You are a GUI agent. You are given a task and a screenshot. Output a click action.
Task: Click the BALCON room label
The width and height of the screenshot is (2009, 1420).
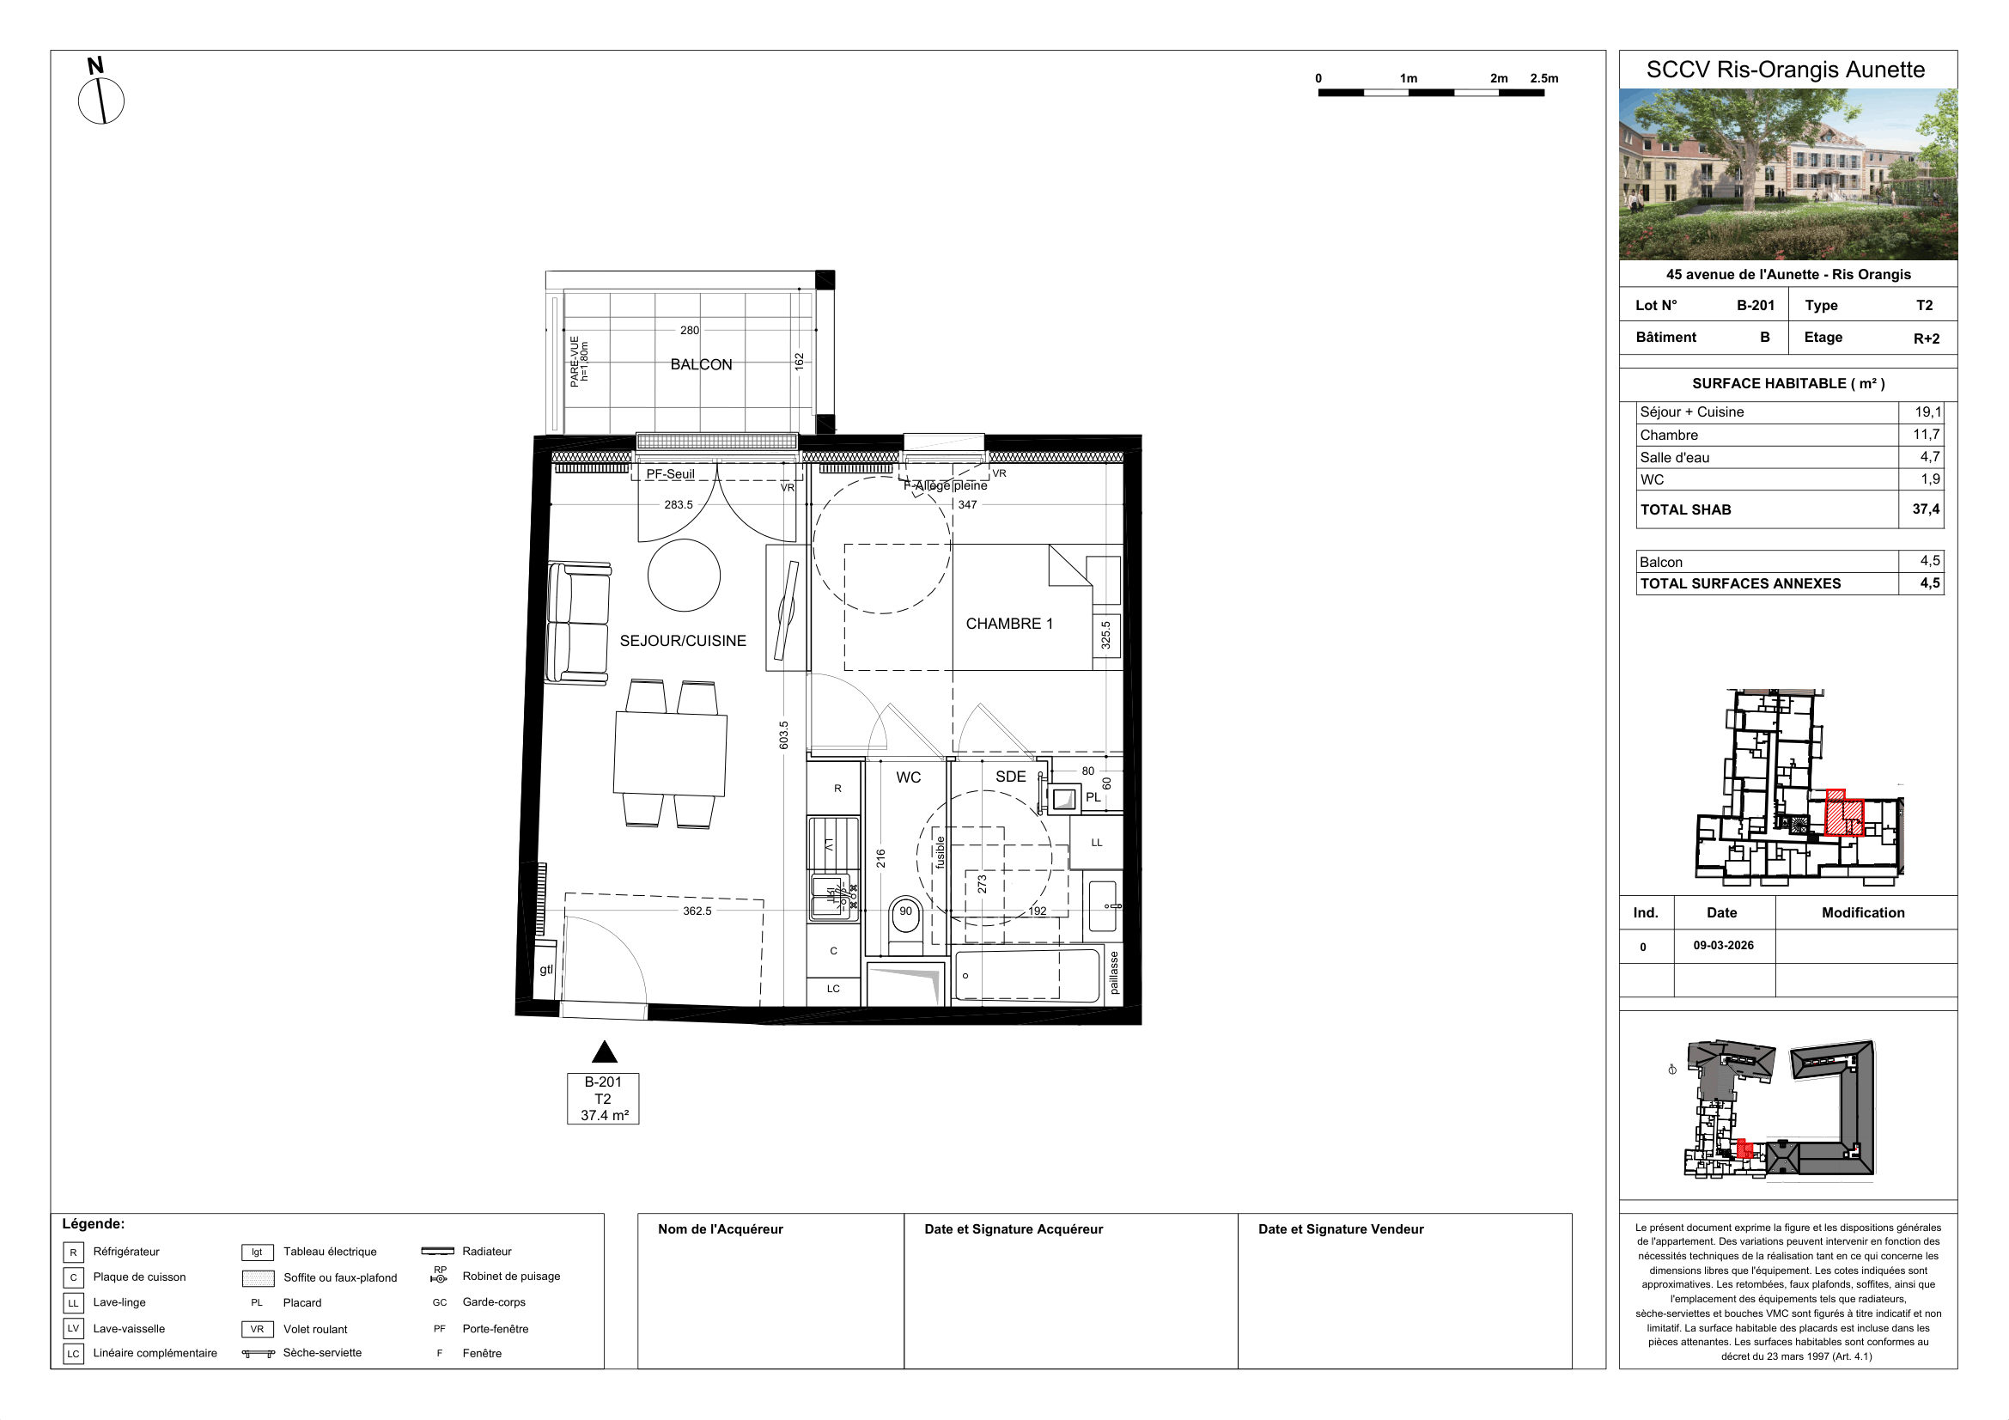pyautogui.click(x=701, y=365)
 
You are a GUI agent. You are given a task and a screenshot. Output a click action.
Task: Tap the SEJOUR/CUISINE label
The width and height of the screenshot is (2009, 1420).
pyautogui.click(x=683, y=642)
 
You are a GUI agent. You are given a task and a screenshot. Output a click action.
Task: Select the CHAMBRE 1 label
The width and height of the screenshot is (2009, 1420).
pyautogui.click(x=1009, y=624)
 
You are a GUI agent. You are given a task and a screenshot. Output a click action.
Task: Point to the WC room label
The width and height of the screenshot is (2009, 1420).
pyautogui.click(x=908, y=777)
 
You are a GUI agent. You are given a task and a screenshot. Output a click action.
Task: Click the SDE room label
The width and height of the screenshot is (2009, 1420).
pyautogui.click(x=1011, y=777)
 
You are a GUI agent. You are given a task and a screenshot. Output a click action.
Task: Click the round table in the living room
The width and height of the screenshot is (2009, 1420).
pyautogui.click(x=685, y=575)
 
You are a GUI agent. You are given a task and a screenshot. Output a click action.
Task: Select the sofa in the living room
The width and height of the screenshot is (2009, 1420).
pyautogui.click(x=578, y=623)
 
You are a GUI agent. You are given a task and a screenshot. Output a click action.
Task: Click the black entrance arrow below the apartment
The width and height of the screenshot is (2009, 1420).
pyautogui.click(x=605, y=1051)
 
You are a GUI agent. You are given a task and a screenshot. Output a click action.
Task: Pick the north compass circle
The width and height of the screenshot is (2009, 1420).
pyautogui.click(x=101, y=101)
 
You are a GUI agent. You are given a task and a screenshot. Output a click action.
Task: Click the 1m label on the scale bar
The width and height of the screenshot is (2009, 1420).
pyautogui.click(x=1408, y=79)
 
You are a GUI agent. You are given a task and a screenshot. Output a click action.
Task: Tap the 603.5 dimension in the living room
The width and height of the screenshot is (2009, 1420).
pyautogui.click(x=784, y=735)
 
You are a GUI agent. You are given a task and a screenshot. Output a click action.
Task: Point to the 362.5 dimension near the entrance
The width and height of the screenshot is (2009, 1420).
pyautogui.click(x=697, y=911)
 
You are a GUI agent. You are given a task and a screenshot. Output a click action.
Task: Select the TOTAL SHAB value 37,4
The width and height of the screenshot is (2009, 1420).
pyautogui.click(x=1925, y=509)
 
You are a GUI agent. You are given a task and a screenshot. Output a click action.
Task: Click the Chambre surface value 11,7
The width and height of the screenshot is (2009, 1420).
pyautogui.click(x=1926, y=435)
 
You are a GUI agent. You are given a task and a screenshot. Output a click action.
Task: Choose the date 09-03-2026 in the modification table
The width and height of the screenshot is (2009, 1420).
pyautogui.click(x=1723, y=946)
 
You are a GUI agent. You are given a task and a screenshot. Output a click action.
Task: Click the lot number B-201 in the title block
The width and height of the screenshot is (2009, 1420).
pyautogui.click(x=1756, y=305)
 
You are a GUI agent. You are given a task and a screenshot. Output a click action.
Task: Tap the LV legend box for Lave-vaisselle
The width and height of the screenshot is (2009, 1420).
pyautogui.click(x=74, y=1328)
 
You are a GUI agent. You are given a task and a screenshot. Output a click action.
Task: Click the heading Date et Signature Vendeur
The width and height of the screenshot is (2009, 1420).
pyautogui.click(x=1341, y=1229)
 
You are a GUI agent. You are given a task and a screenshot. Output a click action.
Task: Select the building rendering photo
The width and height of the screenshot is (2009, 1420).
pyautogui.click(x=1787, y=174)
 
